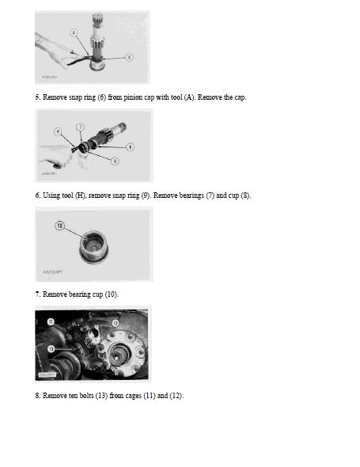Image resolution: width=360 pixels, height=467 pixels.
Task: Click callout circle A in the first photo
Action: click(x=74, y=32)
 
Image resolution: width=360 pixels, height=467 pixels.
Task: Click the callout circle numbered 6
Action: click(x=130, y=56)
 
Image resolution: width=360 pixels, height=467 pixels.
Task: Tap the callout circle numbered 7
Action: click(x=80, y=127)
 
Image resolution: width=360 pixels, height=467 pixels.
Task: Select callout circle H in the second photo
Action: click(x=58, y=131)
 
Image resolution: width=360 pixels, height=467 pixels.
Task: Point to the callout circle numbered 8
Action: click(x=131, y=146)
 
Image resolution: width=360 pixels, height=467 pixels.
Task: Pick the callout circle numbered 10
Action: click(x=59, y=226)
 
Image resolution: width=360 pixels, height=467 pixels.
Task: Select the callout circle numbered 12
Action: click(x=115, y=323)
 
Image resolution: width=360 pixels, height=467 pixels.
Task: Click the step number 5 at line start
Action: click(x=36, y=97)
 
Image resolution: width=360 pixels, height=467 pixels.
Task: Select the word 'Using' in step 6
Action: click(x=51, y=196)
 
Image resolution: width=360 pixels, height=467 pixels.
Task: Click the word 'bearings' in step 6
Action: click(x=189, y=196)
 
